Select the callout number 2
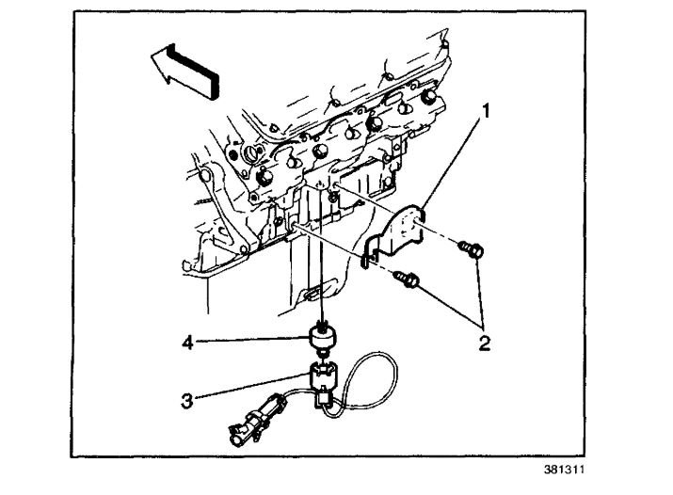tap(483, 343)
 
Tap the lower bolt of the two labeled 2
tap(408, 279)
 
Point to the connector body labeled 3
tap(320, 381)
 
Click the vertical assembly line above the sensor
tap(323, 273)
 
